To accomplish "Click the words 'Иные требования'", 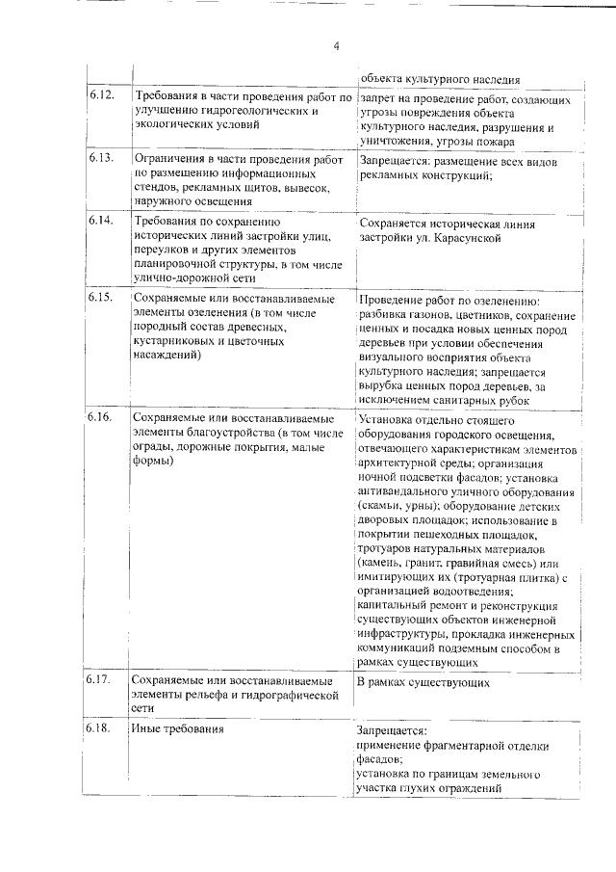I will [x=179, y=728].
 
